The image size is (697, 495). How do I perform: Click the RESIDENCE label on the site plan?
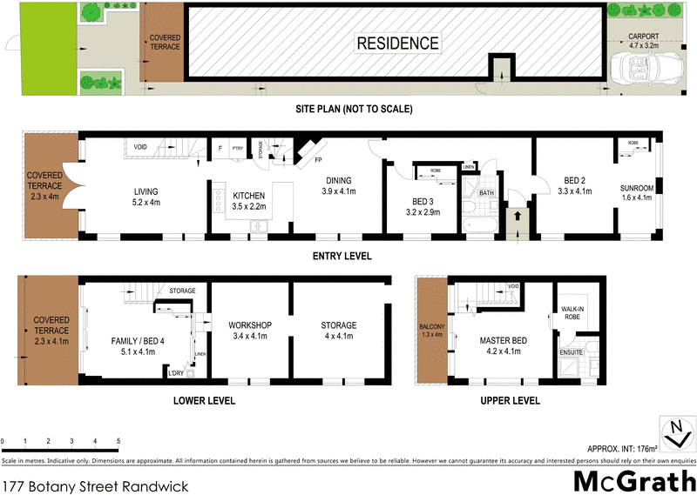pos(396,43)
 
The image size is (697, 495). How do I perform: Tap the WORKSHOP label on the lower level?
pos(251,325)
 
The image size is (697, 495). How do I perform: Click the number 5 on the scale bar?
pos(118,442)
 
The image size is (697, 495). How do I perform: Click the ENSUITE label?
pos(572,352)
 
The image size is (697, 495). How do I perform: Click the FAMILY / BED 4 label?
pos(133,340)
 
